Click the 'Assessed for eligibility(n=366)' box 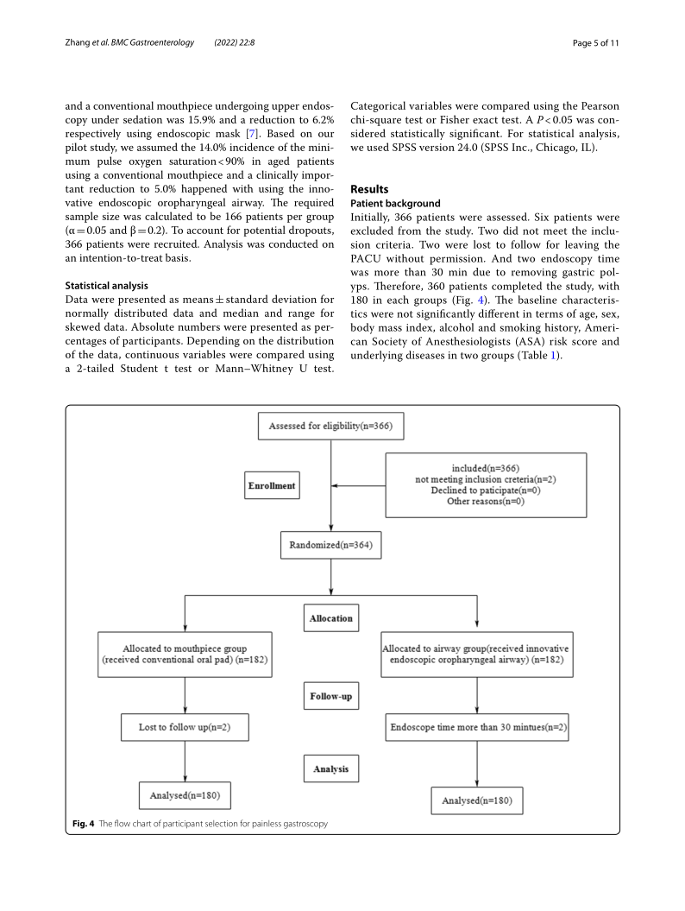click(x=331, y=426)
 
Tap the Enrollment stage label click(x=271, y=485)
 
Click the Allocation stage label click(x=330, y=618)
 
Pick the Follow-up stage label click(x=330, y=695)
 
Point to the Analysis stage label click(x=330, y=769)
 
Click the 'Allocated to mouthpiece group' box click(x=185, y=654)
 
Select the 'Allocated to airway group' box click(x=477, y=655)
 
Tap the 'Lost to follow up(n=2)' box click(x=185, y=727)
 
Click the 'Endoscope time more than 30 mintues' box click(x=477, y=727)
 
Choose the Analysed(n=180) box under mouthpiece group click(x=185, y=794)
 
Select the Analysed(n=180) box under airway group click(x=477, y=800)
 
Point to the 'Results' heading click(x=369, y=189)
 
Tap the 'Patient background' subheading click(x=395, y=203)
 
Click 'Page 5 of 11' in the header click(x=595, y=42)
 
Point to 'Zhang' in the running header click(x=79, y=42)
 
